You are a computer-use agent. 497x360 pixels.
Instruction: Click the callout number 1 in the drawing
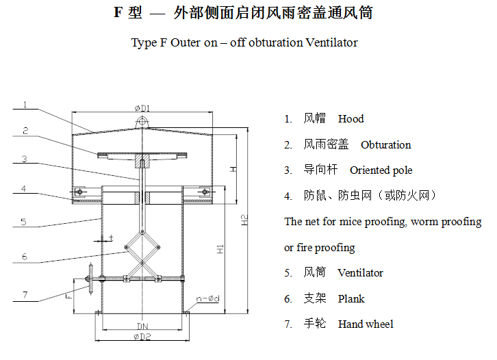click(25, 105)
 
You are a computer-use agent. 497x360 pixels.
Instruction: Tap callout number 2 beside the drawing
click(25, 130)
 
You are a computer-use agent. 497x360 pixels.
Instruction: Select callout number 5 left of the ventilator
click(23, 221)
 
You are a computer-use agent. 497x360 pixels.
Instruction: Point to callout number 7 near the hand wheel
click(25, 295)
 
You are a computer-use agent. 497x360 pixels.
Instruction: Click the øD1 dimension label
click(142, 108)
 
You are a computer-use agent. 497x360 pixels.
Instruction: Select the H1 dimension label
click(220, 249)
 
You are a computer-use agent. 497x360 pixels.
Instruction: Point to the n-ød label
click(208, 298)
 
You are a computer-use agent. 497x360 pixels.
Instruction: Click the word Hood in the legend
click(351, 118)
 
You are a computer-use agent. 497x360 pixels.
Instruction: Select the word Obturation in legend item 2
click(385, 144)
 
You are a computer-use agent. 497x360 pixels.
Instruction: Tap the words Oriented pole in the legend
click(381, 170)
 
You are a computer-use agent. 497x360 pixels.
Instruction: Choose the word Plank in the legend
click(351, 298)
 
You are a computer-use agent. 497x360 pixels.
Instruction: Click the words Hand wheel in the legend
click(366, 324)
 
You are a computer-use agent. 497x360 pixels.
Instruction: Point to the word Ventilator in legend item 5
click(360, 272)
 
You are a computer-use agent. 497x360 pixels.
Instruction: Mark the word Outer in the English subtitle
click(185, 42)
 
